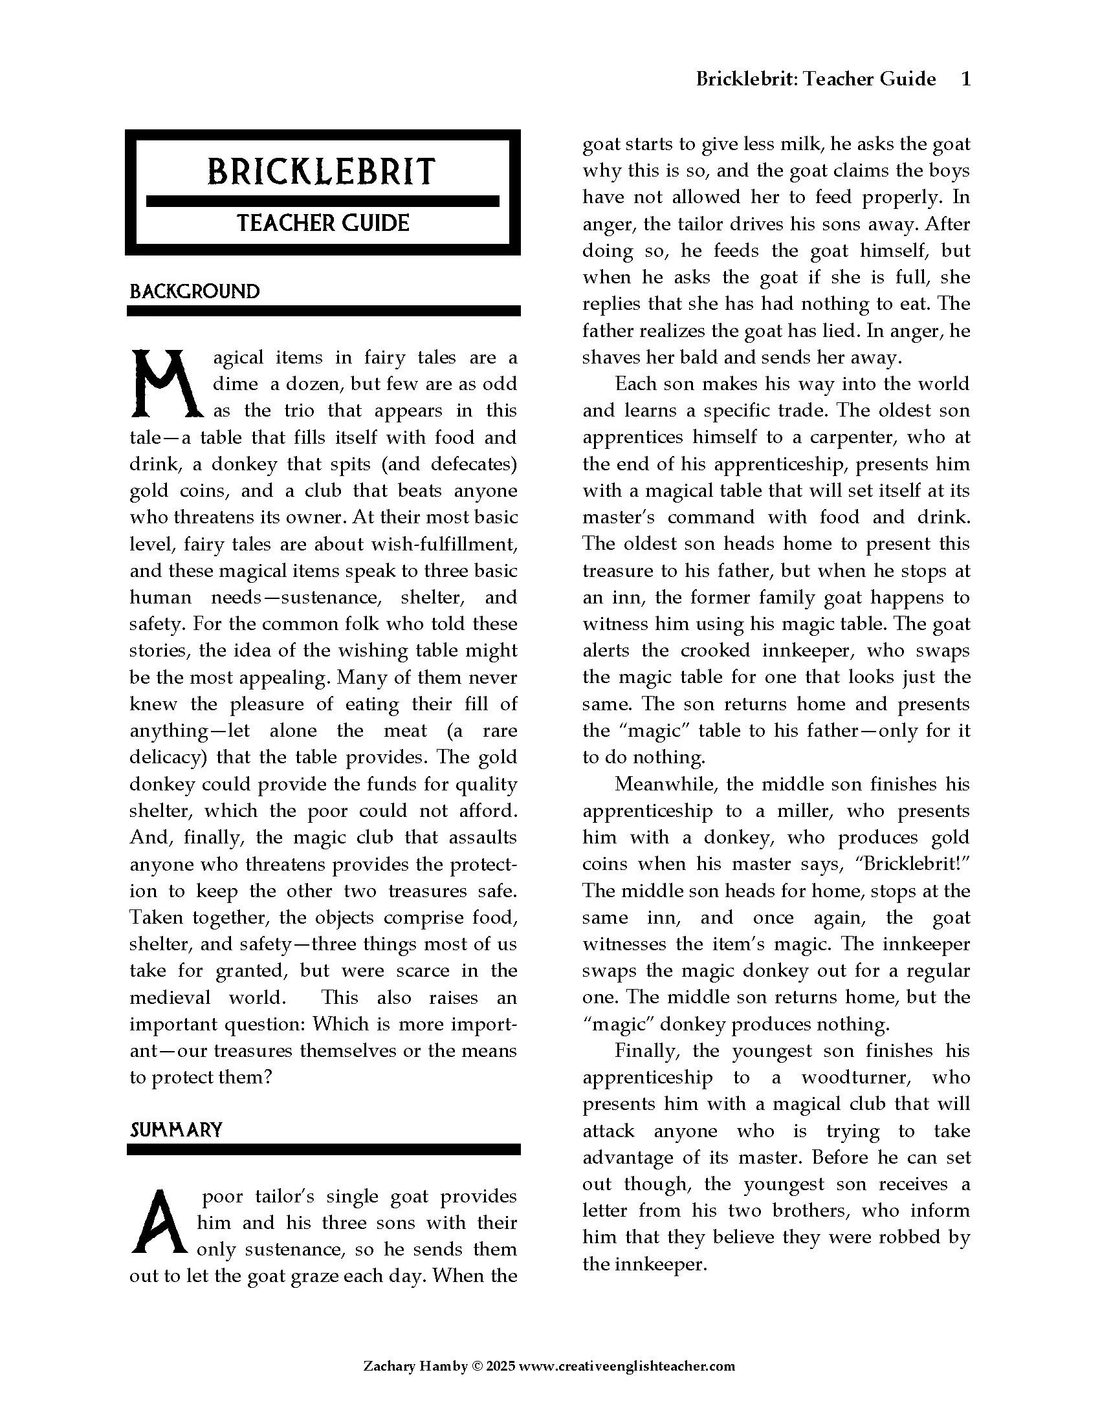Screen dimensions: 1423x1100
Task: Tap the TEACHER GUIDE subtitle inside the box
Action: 323,224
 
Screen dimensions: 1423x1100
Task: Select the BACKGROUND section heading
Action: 194,291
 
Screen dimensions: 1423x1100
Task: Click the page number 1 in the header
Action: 966,79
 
